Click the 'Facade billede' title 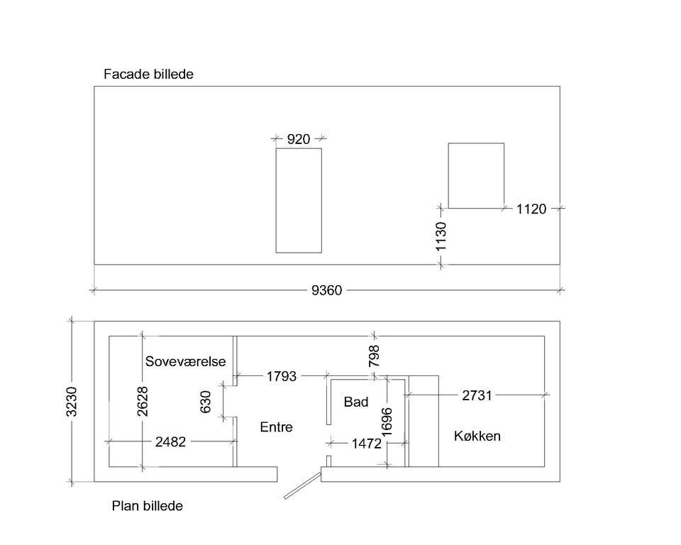(x=148, y=74)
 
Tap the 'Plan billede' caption (x=148, y=506)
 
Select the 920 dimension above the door (x=299, y=139)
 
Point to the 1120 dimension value (x=531, y=209)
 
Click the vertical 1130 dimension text (x=441, y=236)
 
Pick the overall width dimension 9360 (x=326, y=290)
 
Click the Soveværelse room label (x=185, y=361)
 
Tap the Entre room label (x=276, y=427)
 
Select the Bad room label (x=356, y=402)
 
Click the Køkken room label (x=477, y=436)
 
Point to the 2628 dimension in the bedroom (x=143, y=402)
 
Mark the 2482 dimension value (x=170, y=442)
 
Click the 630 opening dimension (x=206, y=402)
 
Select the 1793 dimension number (x=282, y=376)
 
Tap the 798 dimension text (x=374, y=356)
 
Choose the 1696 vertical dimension (x=387, y=421)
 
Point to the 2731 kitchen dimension (x=477, y=395)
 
